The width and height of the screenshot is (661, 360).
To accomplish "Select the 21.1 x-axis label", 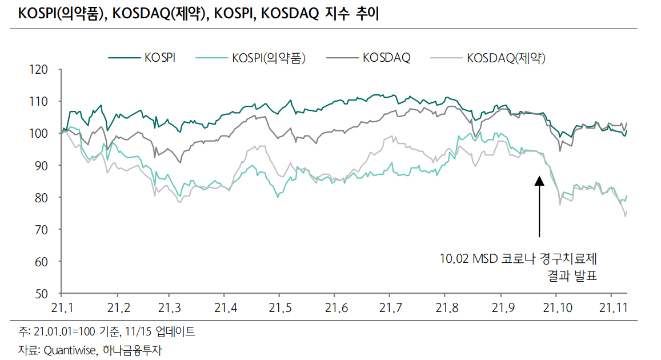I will point(63,309).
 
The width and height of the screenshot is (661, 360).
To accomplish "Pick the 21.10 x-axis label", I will point(557,309).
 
